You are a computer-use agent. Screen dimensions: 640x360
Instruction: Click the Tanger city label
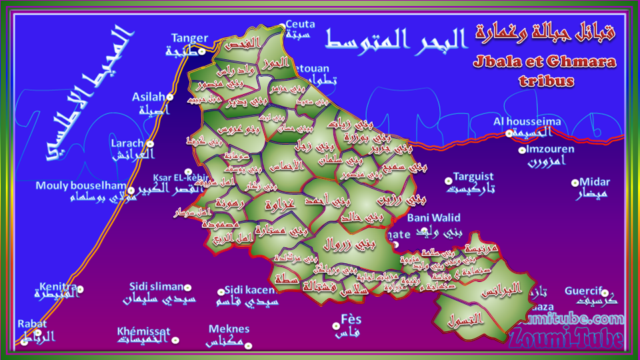tap(190, 38)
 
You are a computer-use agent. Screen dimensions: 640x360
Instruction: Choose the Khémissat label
tap(143, 331)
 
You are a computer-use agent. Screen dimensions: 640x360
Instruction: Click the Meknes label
tap(229, 329)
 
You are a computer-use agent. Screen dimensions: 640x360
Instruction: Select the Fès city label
tap(350, 318)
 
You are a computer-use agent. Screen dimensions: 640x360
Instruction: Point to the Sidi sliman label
tap(156, 287)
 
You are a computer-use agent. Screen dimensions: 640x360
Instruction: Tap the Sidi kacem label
tap(250, 289)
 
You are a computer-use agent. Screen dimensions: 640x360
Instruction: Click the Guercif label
tap(583, 291)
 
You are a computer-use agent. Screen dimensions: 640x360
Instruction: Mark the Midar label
tap(595, 182)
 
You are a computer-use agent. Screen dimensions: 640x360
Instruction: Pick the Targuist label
tap(473, 177)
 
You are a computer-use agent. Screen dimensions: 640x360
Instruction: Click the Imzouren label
tap(546, 149)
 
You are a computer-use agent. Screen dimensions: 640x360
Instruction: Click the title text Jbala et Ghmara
tap(545, 62)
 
